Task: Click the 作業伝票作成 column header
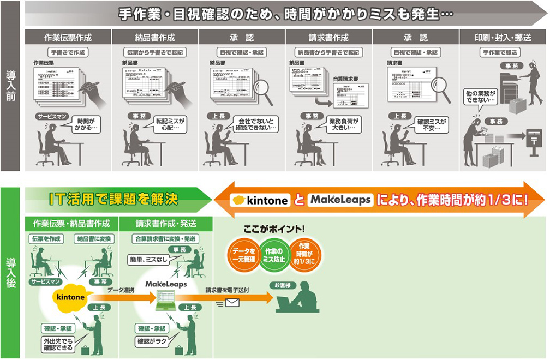[68, 38]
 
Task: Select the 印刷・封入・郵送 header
[503, 38]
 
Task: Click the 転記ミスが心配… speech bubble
[170, 124]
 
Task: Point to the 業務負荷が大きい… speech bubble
[342, 124]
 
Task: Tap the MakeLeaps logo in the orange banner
[340, 200]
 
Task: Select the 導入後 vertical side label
[11, 273]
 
